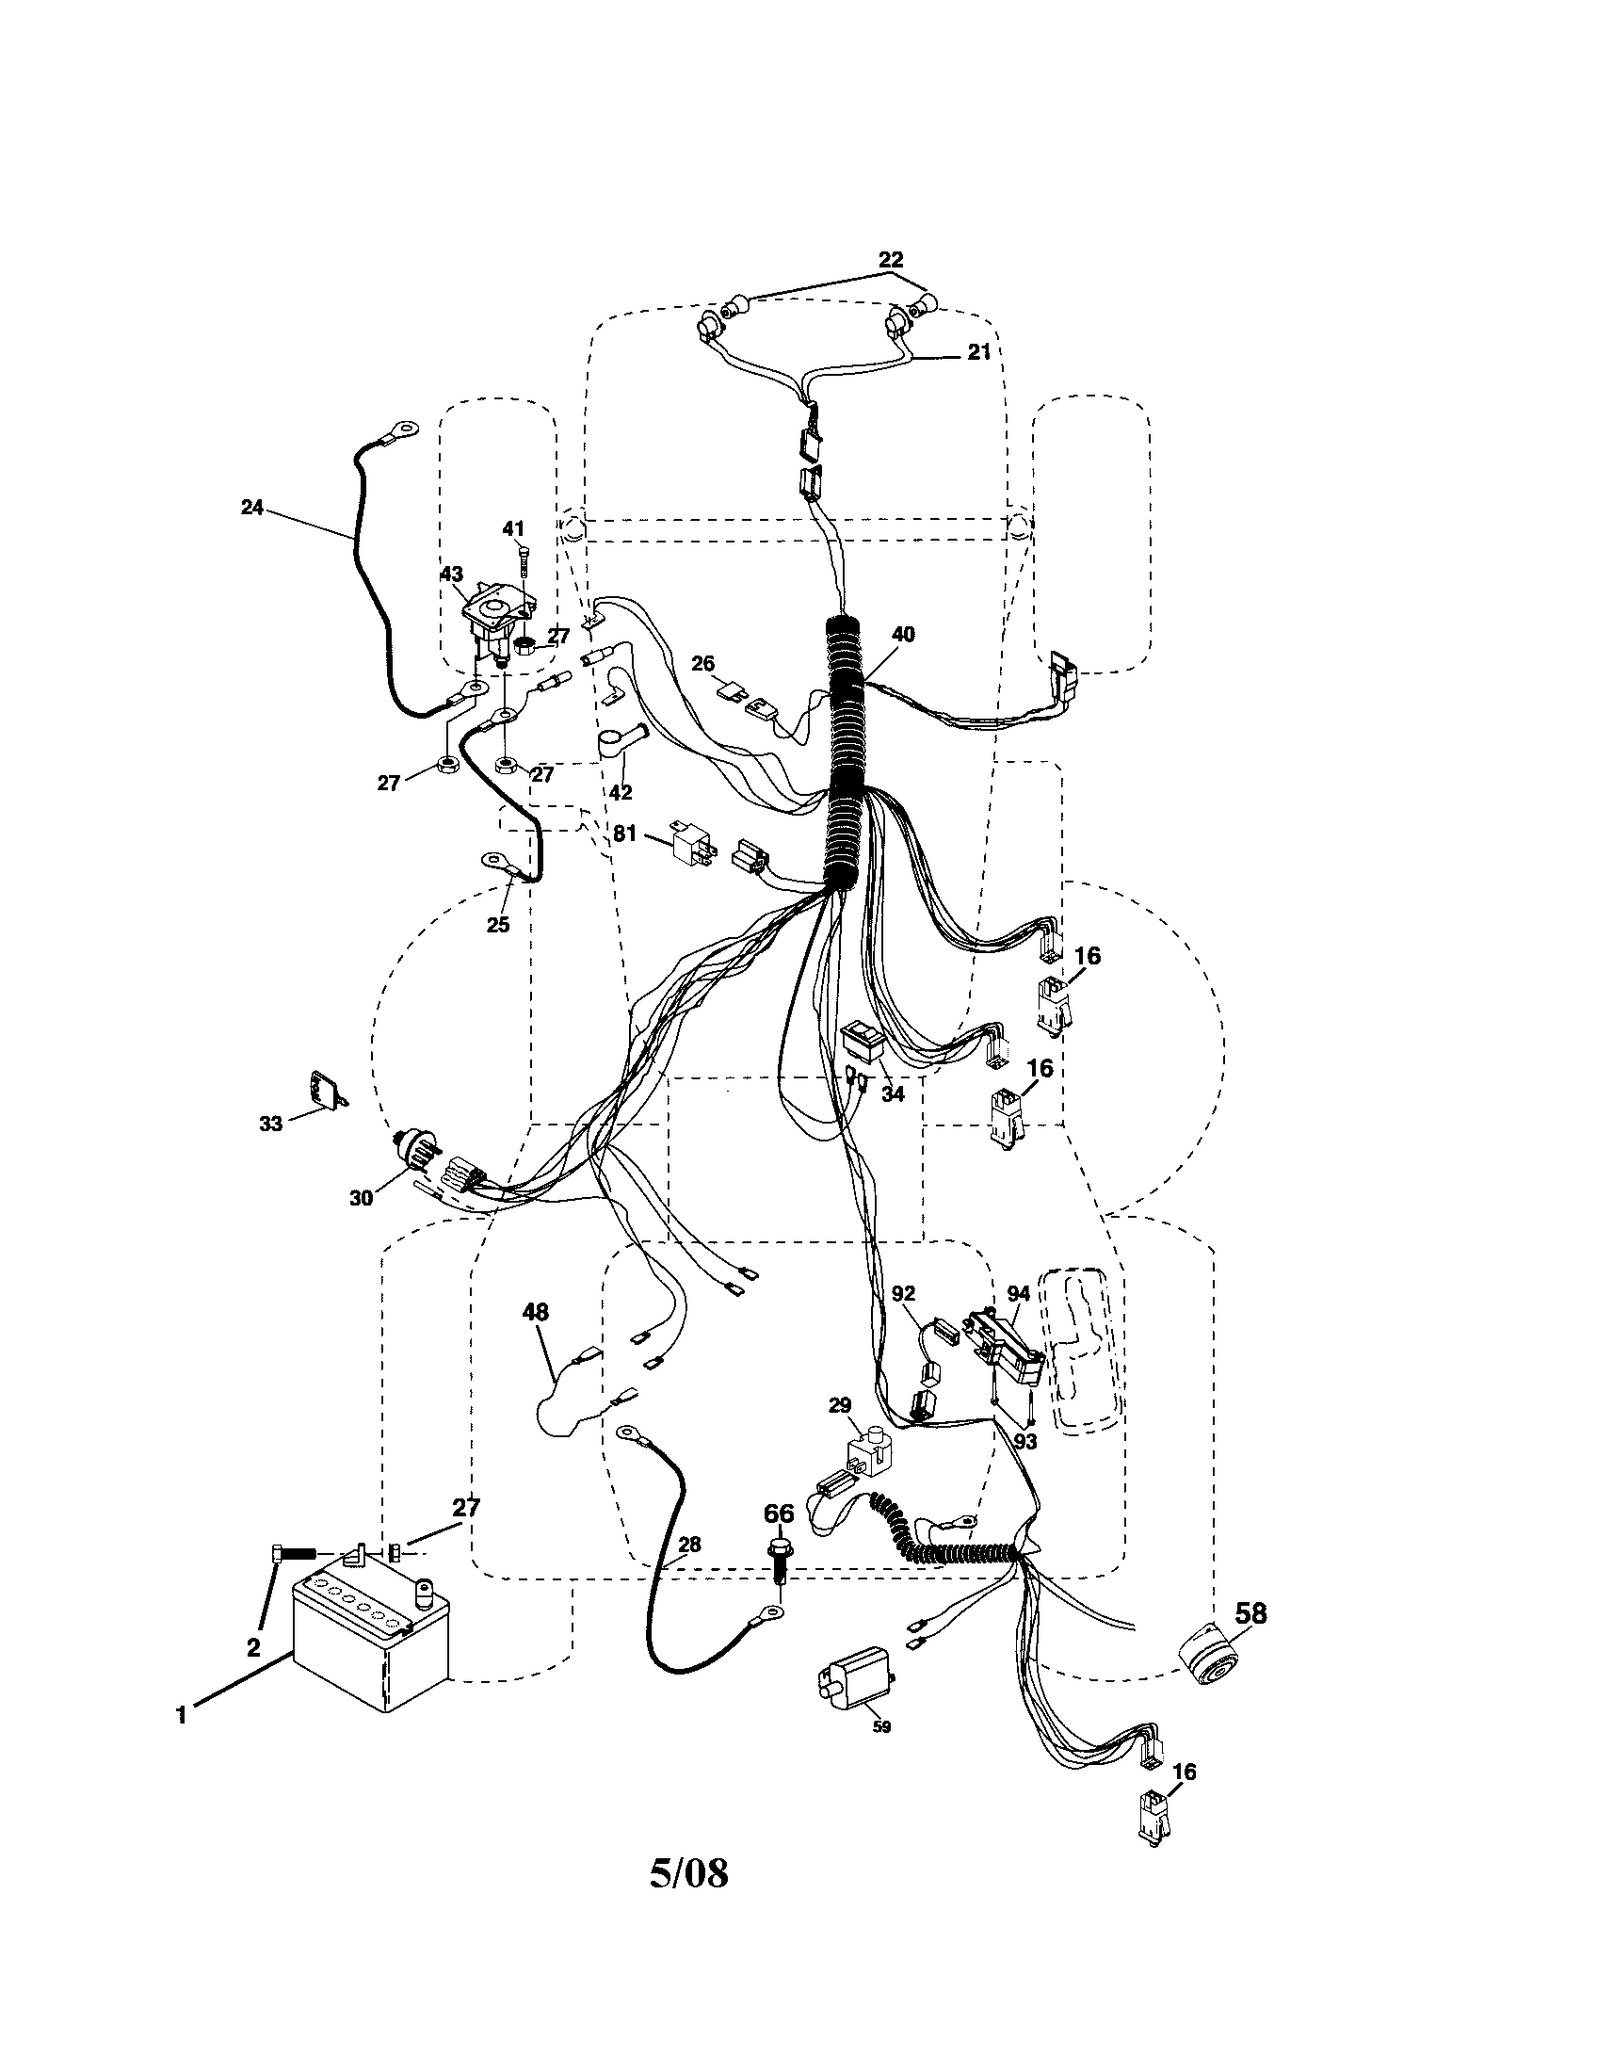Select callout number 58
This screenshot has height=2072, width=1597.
pyautogui.click(x=1250, y=1612)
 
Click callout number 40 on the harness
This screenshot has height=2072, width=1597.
pyautogui.click(x=903, y=635)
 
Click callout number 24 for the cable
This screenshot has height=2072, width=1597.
pyautogui.click(x=251, y=508)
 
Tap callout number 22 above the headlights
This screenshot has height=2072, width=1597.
pyautogui.click(x=892, y=259)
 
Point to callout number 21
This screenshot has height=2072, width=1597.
pyautogui.click(x=978, y=352)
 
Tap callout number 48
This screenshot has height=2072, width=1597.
pyautogui.click(x=535, y=1312)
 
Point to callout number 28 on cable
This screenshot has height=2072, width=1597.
pyautogui.click(x=689, y=1545)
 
